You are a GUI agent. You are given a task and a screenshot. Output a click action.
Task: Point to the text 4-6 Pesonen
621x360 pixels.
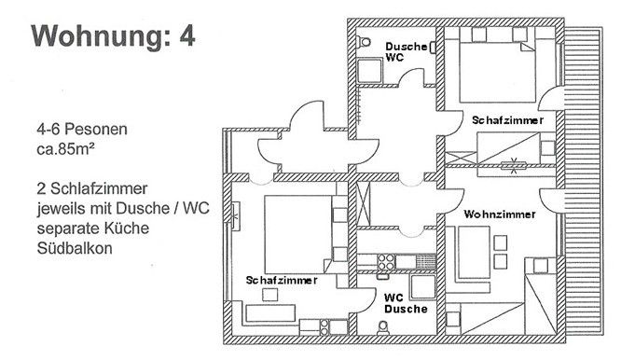click(71, 128)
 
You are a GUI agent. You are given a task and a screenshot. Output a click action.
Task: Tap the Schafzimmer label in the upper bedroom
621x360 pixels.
click(507, 121)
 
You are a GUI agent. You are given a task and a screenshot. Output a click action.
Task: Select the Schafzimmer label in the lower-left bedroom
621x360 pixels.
click(282, 280)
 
